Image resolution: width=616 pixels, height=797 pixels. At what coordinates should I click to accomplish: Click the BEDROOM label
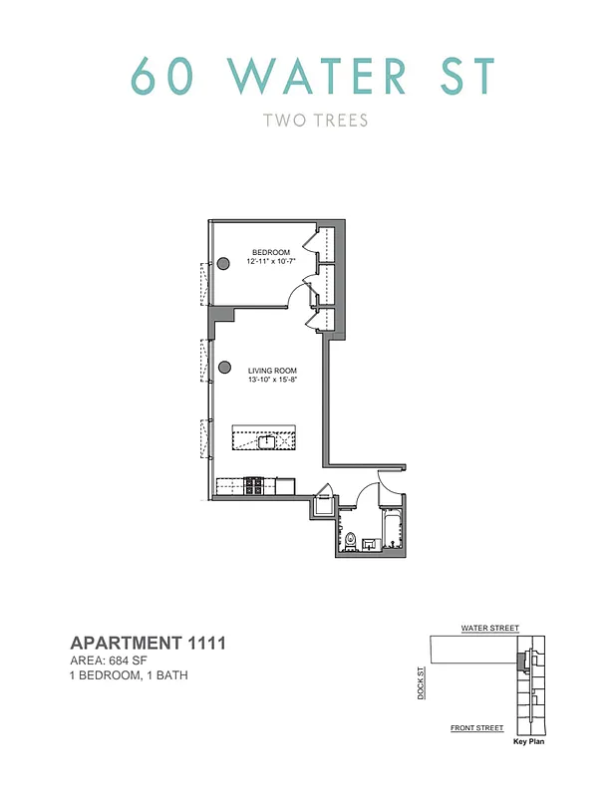click(271, 250)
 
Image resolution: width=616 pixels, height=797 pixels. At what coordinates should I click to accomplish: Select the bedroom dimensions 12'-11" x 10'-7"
click(271, 260)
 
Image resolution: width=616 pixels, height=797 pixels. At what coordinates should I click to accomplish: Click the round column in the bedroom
click(224, 262)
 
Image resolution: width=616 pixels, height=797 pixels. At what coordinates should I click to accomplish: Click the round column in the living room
click(224, 368)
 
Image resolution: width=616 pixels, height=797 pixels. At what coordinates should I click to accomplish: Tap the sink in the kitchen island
click(267, 439)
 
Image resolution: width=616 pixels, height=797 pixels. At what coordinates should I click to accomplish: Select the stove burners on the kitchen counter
click(254, 485)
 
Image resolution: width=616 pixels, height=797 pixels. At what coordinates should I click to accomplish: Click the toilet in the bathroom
click(350, 540)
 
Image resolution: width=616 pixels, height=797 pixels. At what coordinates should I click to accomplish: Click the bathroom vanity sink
click(369, 544)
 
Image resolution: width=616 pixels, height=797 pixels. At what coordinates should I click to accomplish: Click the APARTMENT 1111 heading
click(148, 644)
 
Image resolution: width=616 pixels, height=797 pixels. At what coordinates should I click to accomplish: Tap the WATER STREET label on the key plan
click(489, 629)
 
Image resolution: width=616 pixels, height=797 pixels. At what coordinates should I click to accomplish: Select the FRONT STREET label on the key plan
click(476, 728)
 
